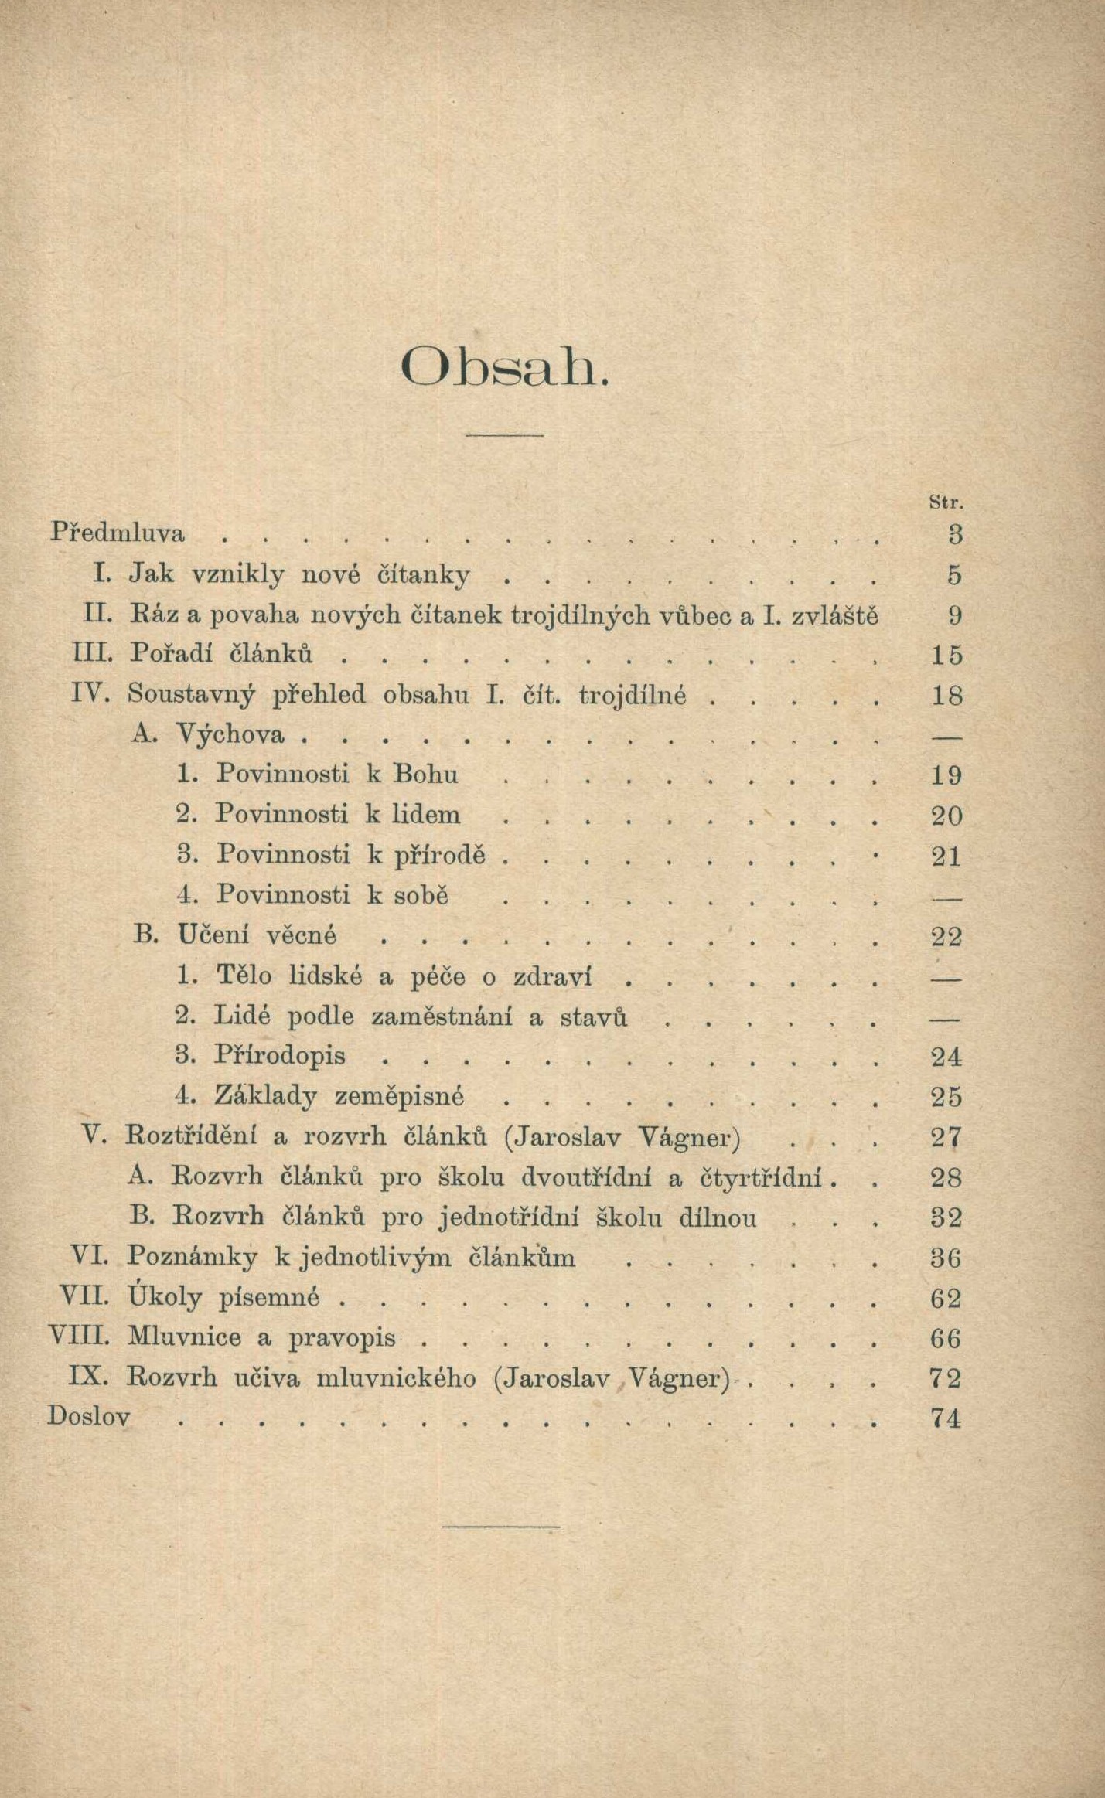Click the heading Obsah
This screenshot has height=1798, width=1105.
506,368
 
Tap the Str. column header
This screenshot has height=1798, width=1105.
946,502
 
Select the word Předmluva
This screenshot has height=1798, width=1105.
118,533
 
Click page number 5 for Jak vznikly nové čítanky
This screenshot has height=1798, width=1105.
954,574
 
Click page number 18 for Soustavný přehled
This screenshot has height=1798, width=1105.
946,695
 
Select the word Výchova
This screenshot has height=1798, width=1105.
230,734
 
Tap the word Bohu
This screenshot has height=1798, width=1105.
425,774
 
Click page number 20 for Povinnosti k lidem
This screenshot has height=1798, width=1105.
946,816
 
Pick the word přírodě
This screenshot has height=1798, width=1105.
440,856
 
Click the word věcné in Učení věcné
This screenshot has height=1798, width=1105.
301,935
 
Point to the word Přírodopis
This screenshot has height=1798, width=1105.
280,1055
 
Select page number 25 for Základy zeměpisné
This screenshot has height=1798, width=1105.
946,1096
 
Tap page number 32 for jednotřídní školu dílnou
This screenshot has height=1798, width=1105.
946,1217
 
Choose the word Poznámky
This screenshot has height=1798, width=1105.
192,1258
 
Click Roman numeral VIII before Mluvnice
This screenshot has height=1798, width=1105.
80,1337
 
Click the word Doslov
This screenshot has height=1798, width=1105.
89,1418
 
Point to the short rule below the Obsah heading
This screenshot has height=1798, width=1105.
504,435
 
